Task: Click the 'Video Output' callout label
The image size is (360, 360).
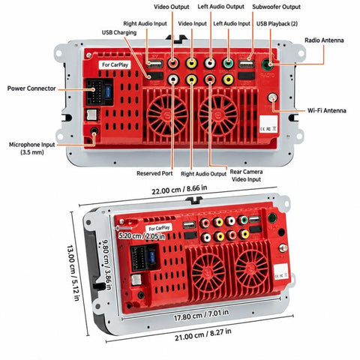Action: (x=171, y=7)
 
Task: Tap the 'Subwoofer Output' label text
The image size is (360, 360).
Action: (x=276, y=7)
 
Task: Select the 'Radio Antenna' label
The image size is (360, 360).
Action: (x=324, y=40)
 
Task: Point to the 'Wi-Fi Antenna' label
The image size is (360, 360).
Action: (x=327, y=110)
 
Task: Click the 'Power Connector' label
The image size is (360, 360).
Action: (x=31, y=88)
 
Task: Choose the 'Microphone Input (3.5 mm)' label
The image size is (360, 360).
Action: (x=31, y=148)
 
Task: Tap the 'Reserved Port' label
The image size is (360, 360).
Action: (x=154, y=173)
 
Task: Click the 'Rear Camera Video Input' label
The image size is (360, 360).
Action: (x=246, y=175)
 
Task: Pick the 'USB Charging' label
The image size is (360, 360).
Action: (x=119, y=33)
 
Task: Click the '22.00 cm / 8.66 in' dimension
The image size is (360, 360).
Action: (x=179, y=190)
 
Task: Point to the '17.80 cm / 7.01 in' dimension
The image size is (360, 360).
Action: (x=201, y=315)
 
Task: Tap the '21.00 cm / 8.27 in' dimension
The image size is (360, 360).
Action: (x=202, y=334)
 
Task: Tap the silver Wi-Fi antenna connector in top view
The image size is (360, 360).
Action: (x=272, y=97)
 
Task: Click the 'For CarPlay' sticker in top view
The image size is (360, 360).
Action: (x=115, y=64)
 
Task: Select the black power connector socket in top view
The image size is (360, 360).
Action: (x=100, y=92)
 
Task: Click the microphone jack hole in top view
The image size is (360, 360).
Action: (x=94, y=130)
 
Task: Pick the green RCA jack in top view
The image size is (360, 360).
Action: (x=228, y=63)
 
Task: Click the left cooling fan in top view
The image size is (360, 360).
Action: (x=167, y=115)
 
